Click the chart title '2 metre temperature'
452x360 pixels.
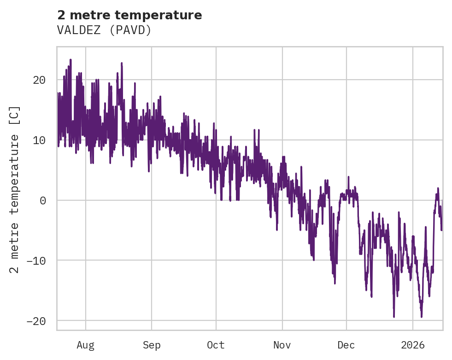[129, 15]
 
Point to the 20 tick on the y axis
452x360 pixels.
[39, 80]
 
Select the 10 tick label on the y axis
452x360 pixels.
[39, 140]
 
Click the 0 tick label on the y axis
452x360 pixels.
[42, 200]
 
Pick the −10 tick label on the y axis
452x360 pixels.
[36, 261]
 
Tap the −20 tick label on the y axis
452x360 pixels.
[36, 320]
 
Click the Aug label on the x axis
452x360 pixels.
[86, 345]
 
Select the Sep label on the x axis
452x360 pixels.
[152, 345]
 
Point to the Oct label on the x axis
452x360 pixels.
[216, 345]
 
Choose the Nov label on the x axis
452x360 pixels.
[282, 345]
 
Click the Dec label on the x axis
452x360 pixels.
[346, 345]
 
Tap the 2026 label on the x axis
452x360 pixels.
[413, 345]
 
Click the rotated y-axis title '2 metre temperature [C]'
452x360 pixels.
[15, 189]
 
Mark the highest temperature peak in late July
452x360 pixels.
[70, 60]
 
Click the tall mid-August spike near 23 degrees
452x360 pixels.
[122, 64]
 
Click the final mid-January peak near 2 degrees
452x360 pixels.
[438, 189]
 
